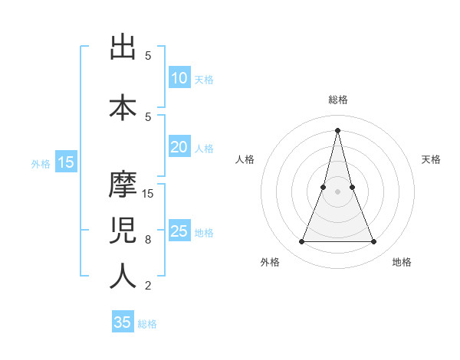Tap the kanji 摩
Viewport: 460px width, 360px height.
(x=123, y=184)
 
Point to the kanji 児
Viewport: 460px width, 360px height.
(x=123, y=230)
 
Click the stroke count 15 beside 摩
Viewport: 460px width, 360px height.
(x=149, y=194)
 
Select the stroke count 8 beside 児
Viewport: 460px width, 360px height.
(x=148, y=240)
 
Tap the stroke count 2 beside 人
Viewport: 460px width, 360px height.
(x=148, y=286)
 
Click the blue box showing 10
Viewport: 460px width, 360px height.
(x=179, y=78)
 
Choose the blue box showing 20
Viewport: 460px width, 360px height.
(x=179, y=147)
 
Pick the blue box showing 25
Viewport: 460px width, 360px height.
(x=179, y=231)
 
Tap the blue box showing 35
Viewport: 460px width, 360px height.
(x=123, y=322)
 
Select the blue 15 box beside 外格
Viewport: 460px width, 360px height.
(x=66, y=162)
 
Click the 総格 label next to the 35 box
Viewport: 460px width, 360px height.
(x=147, y=324)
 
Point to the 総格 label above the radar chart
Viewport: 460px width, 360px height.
(x=337, y=100)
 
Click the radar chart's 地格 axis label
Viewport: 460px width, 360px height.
(x=402, y=263)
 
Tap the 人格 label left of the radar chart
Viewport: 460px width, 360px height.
(x=245, y=159)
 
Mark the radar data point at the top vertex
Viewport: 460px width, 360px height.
(x=337, y=129)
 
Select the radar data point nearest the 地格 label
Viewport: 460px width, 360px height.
(x=374, y=242)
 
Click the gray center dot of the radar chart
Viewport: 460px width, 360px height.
(x=337, y=192)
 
